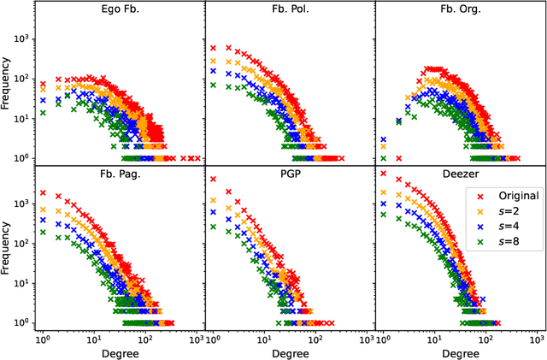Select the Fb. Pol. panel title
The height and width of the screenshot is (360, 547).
(290, 11)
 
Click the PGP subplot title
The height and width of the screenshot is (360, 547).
(290, 175)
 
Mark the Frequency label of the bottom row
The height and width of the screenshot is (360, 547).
(8, 247)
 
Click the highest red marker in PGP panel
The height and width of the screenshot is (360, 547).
(213, 180)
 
